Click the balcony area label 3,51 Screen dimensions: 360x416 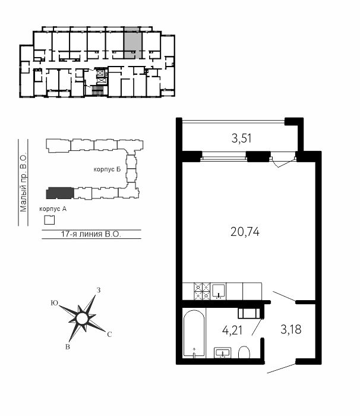pyautogui.click(x=241, y=138)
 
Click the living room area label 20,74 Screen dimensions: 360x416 pyautogui.click(x=245, y=232)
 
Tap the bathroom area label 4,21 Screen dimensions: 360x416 pyautogui.click(x=232, y=330)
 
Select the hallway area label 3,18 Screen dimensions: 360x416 pyautogui.click(x=291, y=329)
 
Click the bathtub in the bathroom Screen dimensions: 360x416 pyautogui.click(x=194, y=333)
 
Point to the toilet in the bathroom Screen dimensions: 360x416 pyautogui.click(x=244, y=352)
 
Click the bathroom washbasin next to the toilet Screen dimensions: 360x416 pyautogui.click(x=223, y=352)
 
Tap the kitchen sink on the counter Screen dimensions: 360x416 pyautogui.click(x=219, y=292)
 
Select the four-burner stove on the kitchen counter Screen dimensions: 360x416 pyautogui.click(x=202, y=291)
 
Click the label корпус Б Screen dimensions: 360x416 pyautogui.click(x=107, y=169)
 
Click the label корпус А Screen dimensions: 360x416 pyautogui.click(x=53, y=209)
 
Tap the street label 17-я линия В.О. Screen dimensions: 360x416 pyautogui.click(x=91, y=234)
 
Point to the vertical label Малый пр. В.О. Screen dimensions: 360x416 pyautogui.click(x=23, y=182)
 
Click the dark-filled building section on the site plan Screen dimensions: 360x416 pyautogui.click(x=60, y=193)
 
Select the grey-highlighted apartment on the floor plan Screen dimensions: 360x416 pyautogui.click(x=132, y=43)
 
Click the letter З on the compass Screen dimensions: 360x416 pyautogui.click(x=99, y=290)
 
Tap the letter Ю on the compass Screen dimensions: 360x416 pyautogui.click(x=55, y=303)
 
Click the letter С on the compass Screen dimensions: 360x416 pyautogui.click(x=109, y=335)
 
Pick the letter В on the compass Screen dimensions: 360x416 pyautogui.click(x=68, y=346)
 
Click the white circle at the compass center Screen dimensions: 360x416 pyautogui.click(x=82, y=319)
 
